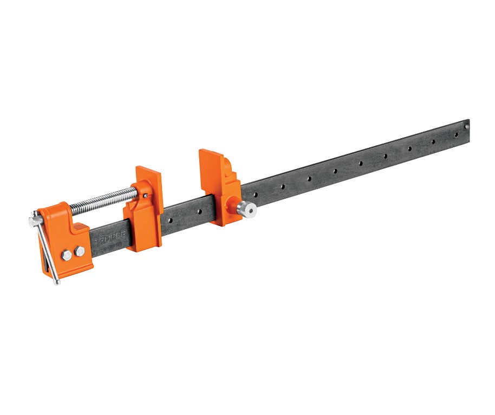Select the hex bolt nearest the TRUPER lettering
click(x=80, y=250)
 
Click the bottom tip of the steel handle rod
click(x=56, y=282)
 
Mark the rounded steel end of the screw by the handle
click(x=32, y=220)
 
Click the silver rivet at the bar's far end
click(x=466, y=127)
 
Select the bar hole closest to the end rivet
click(x=456, y=134)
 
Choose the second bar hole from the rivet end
click(x=433, y=141)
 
